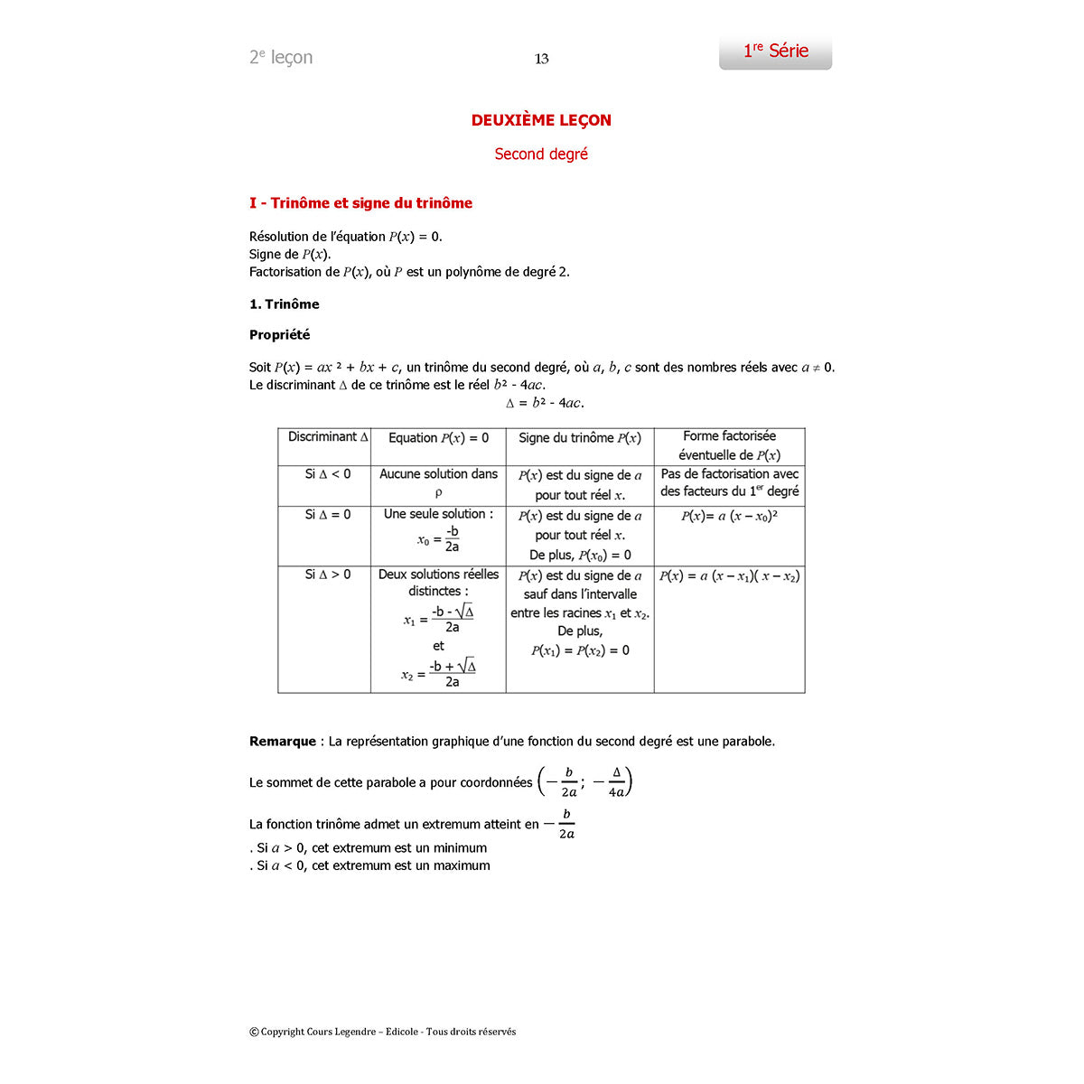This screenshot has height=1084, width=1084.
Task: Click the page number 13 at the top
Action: click(x=542, y=59)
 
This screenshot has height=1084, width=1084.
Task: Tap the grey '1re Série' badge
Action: click(x=775, y=52)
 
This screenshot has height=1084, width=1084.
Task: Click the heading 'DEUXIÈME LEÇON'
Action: click(x=541, y=120)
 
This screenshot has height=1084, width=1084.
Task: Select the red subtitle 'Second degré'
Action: click(x=541, y=154)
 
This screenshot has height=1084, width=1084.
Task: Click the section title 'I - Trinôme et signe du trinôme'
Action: click(x=360, y=203)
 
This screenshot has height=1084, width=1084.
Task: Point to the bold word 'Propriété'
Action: click(x=279, y=335)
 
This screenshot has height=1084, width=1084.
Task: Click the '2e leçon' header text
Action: click(x=281, y=58)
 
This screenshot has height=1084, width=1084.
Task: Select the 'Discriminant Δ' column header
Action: click(x=328, y=437)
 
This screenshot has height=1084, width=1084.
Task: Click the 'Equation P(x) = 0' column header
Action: click(x=438, y=438)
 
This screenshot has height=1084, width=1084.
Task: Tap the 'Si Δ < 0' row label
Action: click(x=328, y=474)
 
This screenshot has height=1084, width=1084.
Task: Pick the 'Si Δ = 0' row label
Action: click(x=328, y=515)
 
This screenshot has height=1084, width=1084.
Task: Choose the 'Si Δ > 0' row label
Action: click(x=328, y=575)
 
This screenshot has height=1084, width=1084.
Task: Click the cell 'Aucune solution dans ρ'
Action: click(x=438, y=482)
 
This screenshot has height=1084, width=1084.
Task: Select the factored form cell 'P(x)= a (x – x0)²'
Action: click(x=729, y=516)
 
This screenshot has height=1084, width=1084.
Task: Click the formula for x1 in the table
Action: click(x=439, y=619)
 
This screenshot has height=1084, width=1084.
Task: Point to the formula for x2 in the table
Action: click(x=439, y=673)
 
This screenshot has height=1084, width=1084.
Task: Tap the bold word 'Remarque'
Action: click(x=283, y=742)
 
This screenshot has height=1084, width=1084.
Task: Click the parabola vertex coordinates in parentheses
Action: click(x=584, y=782)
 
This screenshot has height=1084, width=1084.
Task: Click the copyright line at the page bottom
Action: click(x=383, y=1032)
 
